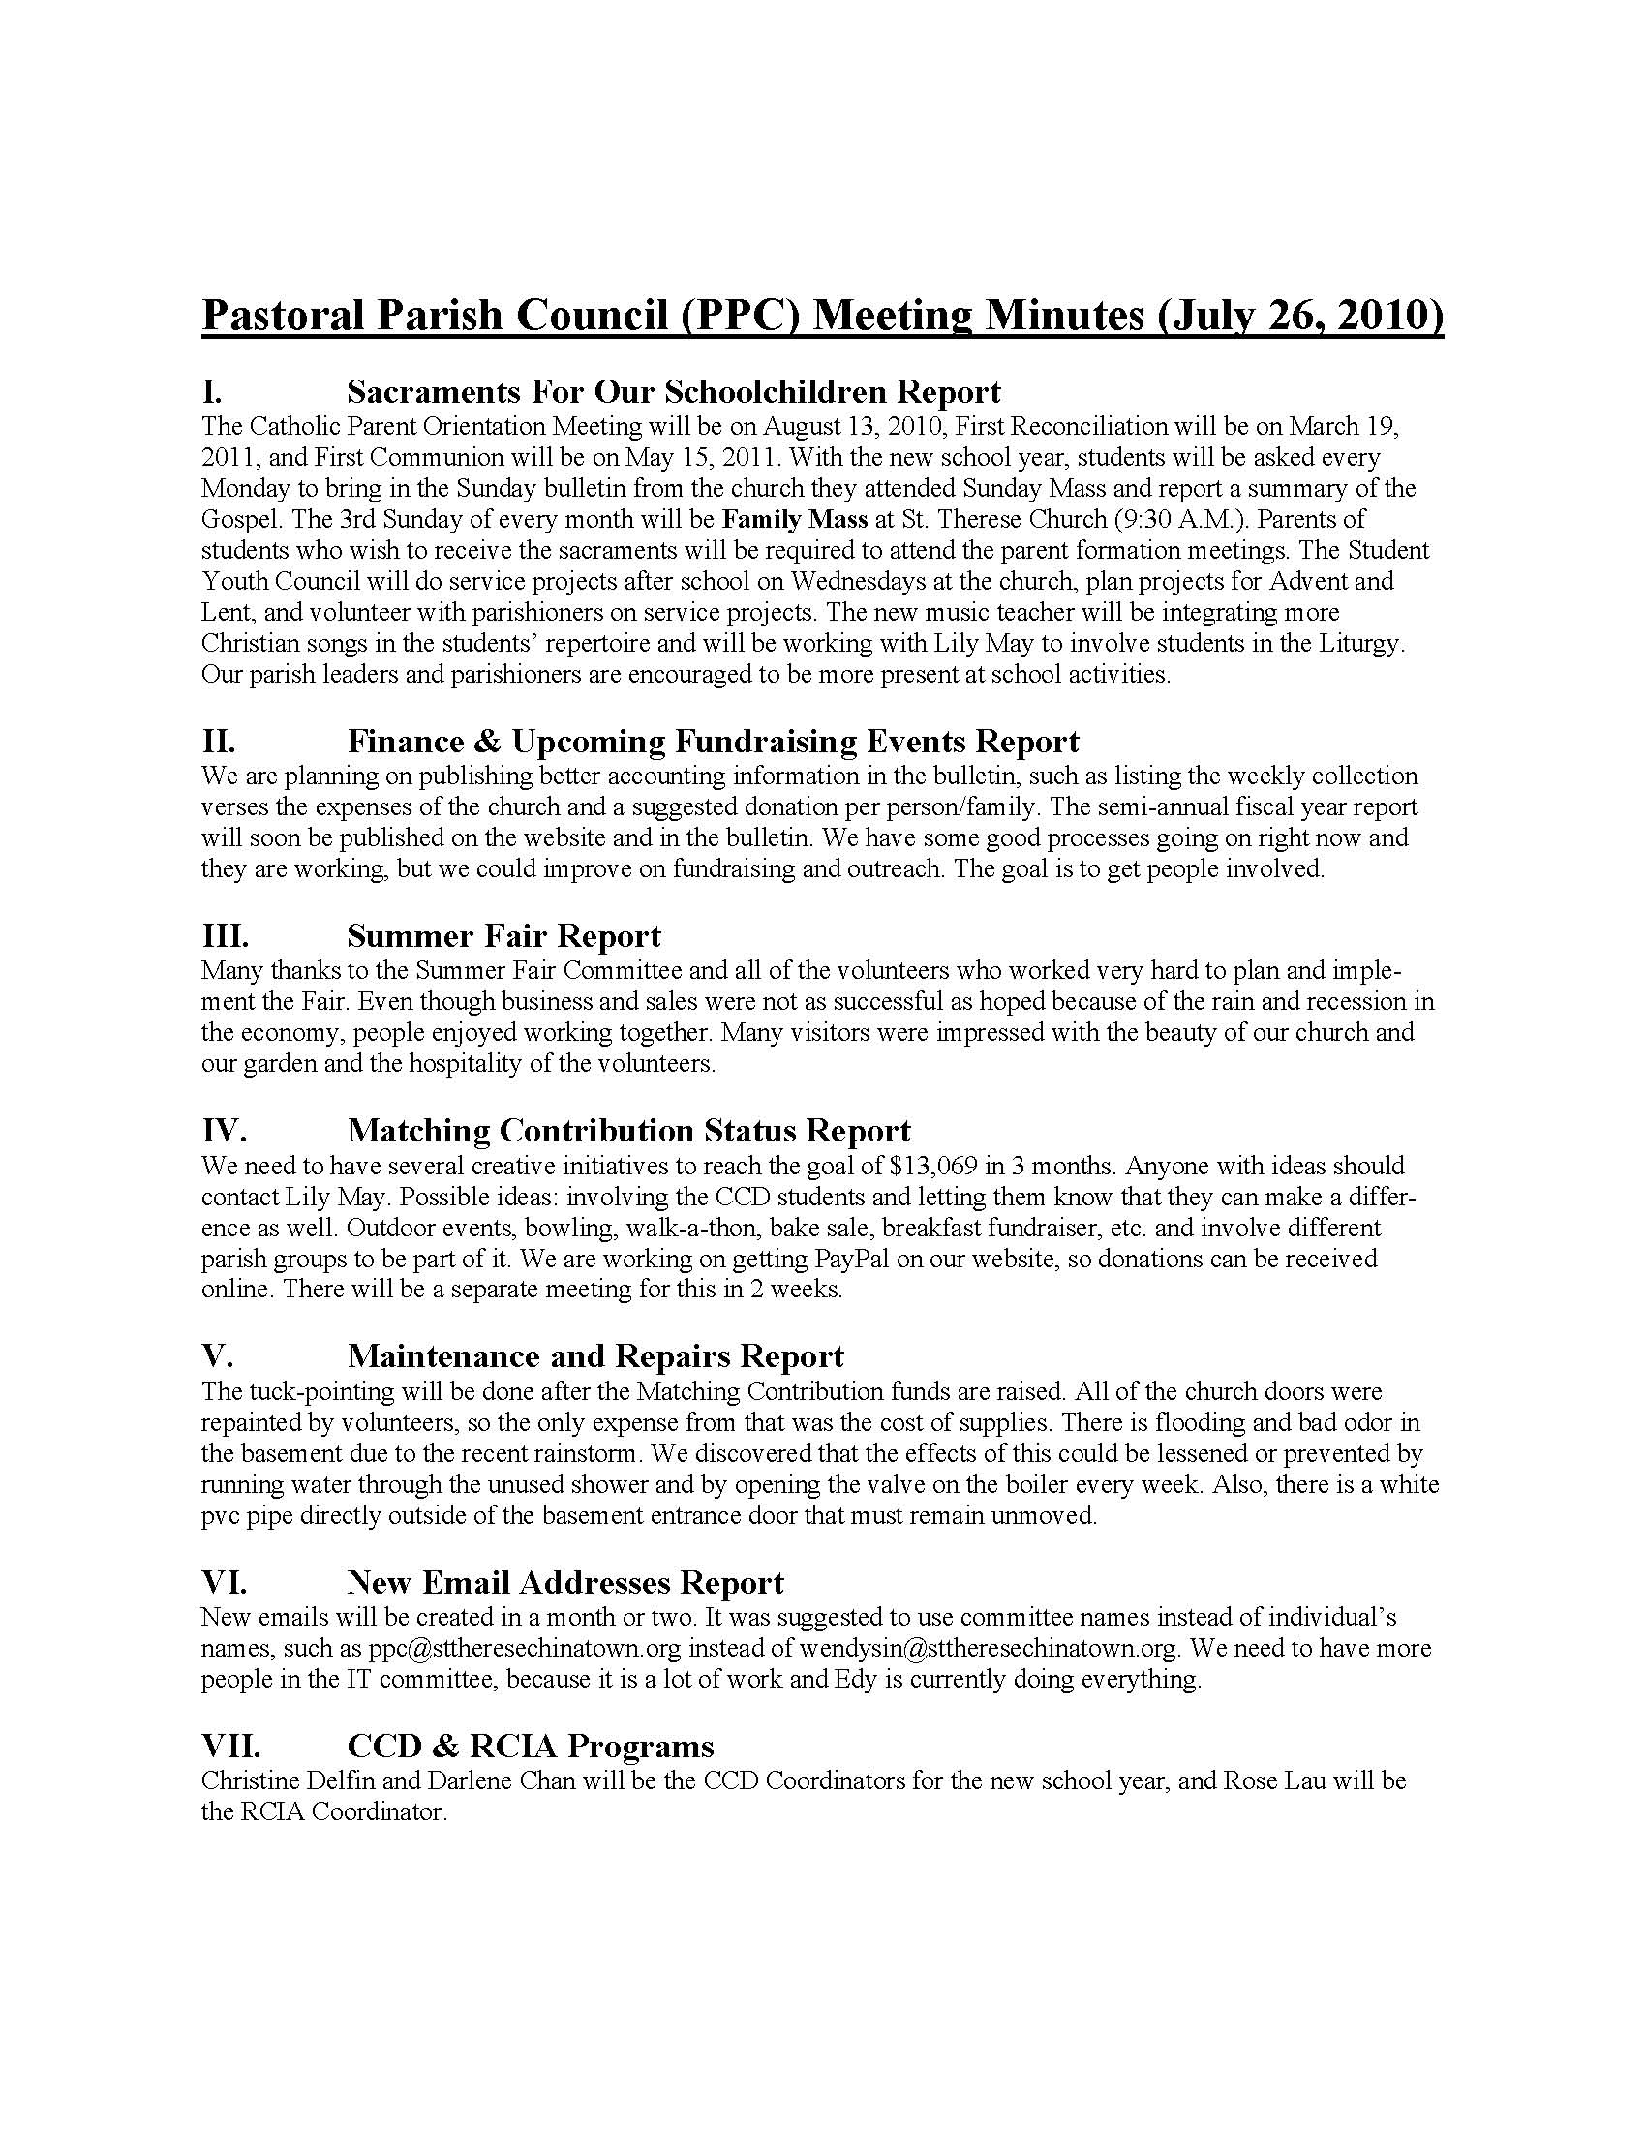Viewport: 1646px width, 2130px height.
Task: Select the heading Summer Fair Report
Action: click(503, 936)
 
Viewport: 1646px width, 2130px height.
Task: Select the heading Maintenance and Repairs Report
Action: click(594, 1355)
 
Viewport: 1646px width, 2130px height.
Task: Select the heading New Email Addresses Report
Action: click(564, 1582)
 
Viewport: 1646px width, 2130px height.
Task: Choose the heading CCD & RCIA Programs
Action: click(531, 1745)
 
